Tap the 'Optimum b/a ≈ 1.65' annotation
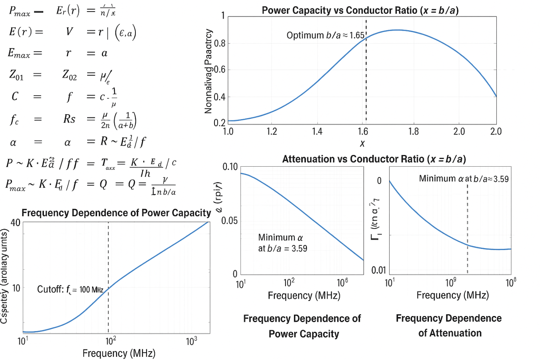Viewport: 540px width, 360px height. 325,35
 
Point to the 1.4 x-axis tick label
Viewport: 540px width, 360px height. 317,132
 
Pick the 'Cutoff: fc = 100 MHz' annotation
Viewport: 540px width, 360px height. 70,289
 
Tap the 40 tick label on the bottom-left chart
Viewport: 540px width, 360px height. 15,223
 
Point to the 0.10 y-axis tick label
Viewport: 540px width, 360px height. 230,167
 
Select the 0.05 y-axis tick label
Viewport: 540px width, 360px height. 229,221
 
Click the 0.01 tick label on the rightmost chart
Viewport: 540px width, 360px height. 378,270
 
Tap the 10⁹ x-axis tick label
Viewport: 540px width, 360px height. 451,283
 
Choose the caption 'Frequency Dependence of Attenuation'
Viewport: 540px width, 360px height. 449,325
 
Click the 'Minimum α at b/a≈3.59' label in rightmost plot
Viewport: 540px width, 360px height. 464,179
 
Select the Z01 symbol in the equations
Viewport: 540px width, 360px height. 16,74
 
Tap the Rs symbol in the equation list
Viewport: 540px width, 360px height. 69,119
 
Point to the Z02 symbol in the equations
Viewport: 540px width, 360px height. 69,74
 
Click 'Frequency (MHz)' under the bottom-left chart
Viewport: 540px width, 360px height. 119,353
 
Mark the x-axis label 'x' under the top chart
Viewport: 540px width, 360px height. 362,144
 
